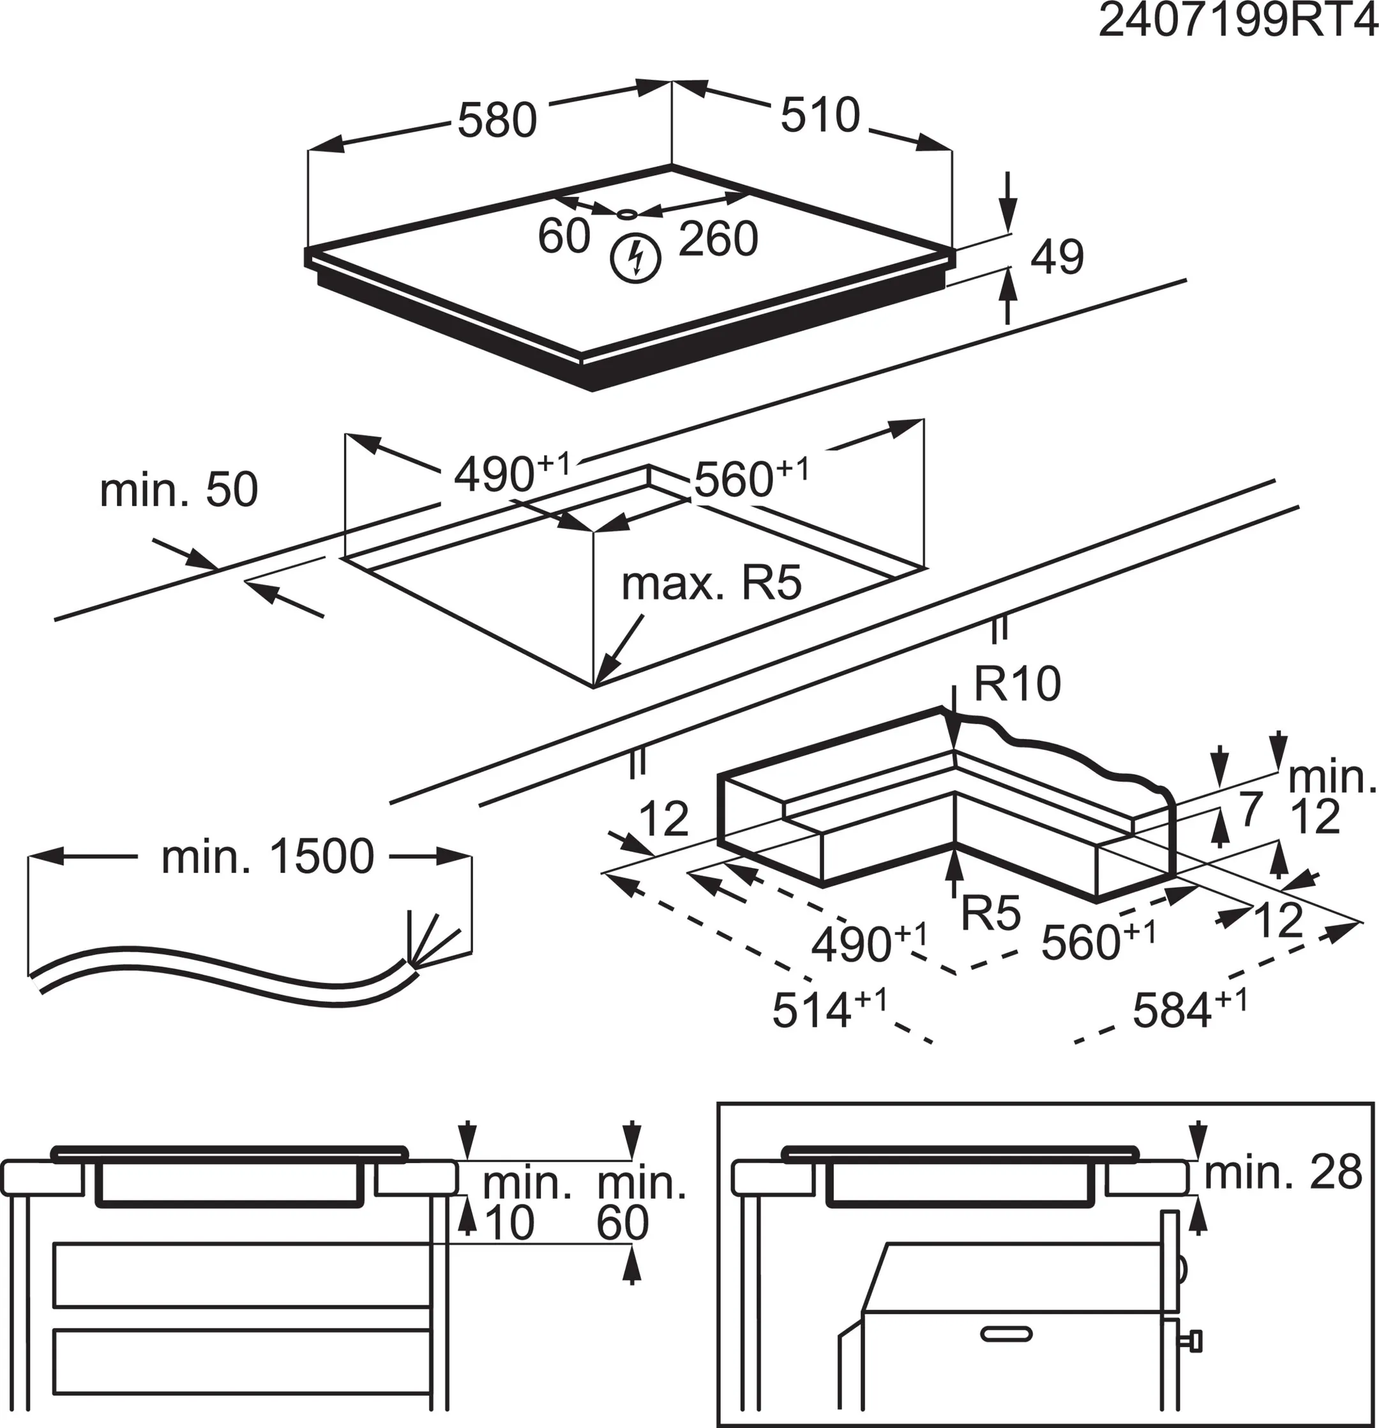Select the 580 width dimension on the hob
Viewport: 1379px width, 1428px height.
pyautogui.click(x=497, y=121)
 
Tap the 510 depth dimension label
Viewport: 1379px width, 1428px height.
pyautogui.click(x=820, y=115)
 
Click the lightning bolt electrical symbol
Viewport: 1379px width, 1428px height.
pyautogui.click(x=636, y=258)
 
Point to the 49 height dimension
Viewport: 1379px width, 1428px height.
pyautogui.click(x=1057, y=257)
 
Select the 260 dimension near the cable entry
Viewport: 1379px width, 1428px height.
pyautogui.click(x=718, y=239)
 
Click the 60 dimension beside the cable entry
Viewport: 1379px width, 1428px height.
pyautogui.click(x=563, y=236)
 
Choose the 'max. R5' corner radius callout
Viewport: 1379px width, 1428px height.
pyautogui.click(x=711, y=584)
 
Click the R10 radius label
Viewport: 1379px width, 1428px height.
pyautogui.click(x=1017, y=684)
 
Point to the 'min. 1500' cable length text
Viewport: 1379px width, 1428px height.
pyautogui.click(x=268, y=857)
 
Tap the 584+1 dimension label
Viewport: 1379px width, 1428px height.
pyautogui.click(x=1189, y=1010)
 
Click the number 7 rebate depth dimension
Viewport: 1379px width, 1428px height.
pyautogui.click(x=1250, y=809)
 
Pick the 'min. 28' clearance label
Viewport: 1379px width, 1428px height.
pyautogui.click(x=1282, y=1173)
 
